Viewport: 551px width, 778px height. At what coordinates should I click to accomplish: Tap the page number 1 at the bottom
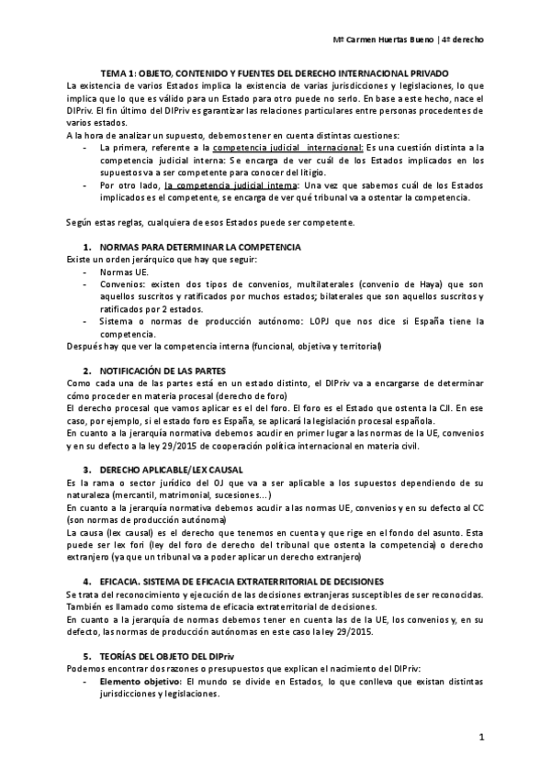point(480,736)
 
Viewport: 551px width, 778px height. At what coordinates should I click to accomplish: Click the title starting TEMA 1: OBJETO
point(275,72)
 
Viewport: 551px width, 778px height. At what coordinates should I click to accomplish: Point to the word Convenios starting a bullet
point(121,284)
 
